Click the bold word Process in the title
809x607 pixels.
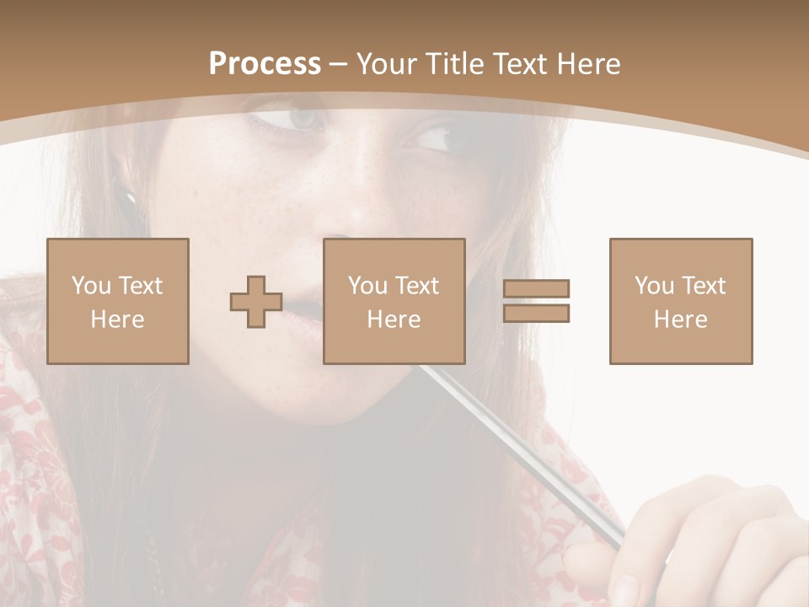(265, 64)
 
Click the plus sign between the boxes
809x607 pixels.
(256, 302)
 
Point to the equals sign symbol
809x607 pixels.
(536, 301)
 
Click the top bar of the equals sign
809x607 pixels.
(536, 289)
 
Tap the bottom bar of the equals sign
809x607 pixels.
(536, 313)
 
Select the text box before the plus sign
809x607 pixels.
(118, 301)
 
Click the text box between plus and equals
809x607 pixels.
(394, 301)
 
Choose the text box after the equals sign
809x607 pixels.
(681, 301)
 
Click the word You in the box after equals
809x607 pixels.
(654, 286)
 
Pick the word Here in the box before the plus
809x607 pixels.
(118, 320)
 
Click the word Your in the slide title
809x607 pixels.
(387, 64)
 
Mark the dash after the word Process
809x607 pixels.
(339, 64)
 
